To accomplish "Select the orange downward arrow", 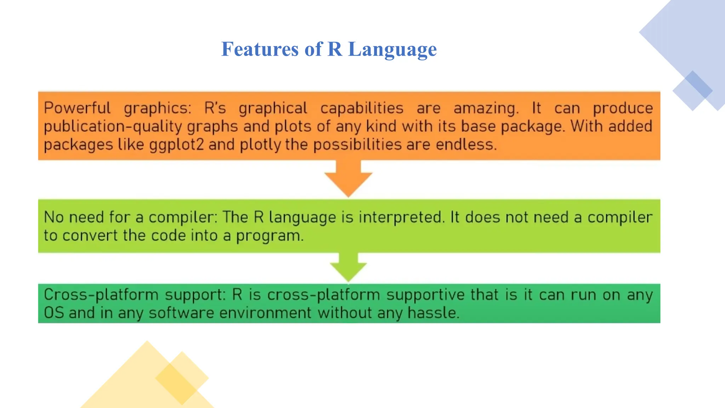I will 348,179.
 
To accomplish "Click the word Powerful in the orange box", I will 77,108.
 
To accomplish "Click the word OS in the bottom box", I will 54,313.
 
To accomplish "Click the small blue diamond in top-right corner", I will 692,91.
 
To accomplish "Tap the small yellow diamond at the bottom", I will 182,378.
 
